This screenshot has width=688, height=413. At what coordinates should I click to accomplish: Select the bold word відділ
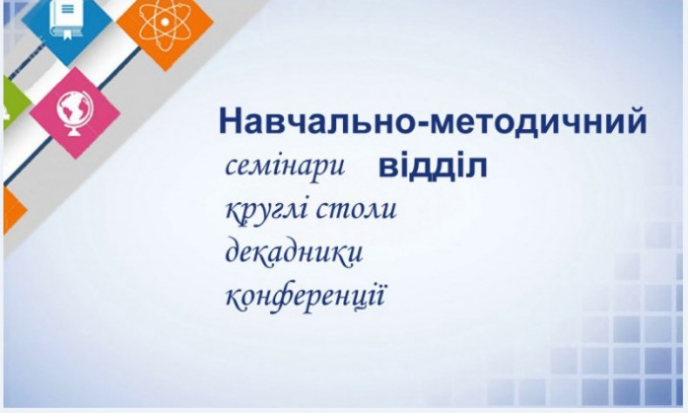click(x=432, y=166)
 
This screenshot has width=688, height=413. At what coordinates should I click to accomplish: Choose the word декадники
click(x=293, y=253)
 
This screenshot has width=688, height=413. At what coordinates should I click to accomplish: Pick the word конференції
click(x=305, y=296)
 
